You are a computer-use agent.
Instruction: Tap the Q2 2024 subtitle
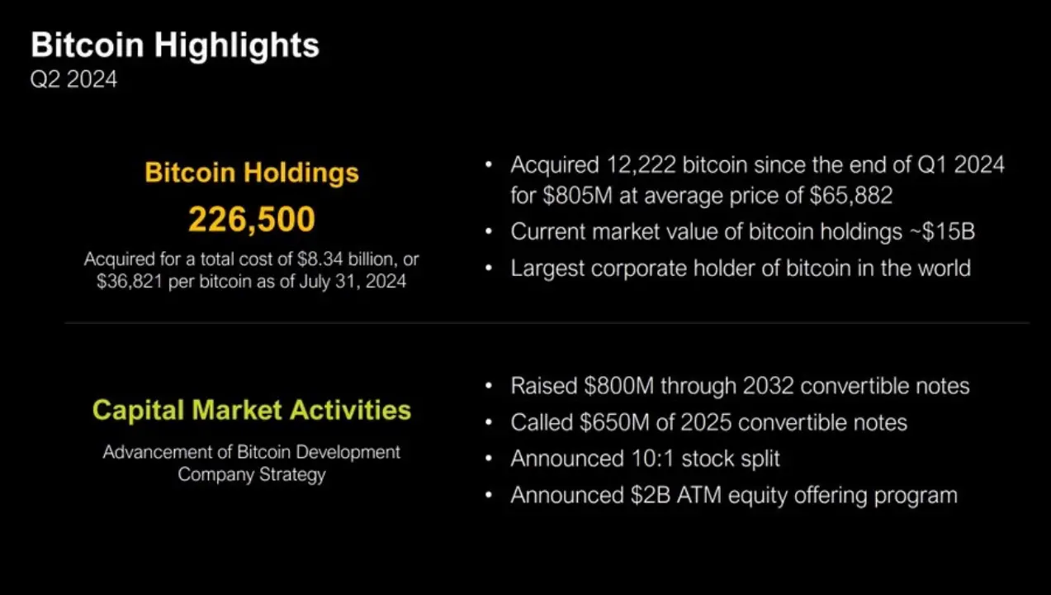73,80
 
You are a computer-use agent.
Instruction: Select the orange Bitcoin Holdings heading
252,173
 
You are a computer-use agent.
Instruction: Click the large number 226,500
252,219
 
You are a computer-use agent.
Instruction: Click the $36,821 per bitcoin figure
130,281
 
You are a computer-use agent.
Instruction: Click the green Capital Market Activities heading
252,410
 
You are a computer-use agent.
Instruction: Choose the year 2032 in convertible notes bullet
768,386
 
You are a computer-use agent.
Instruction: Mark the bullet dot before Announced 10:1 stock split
490,459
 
